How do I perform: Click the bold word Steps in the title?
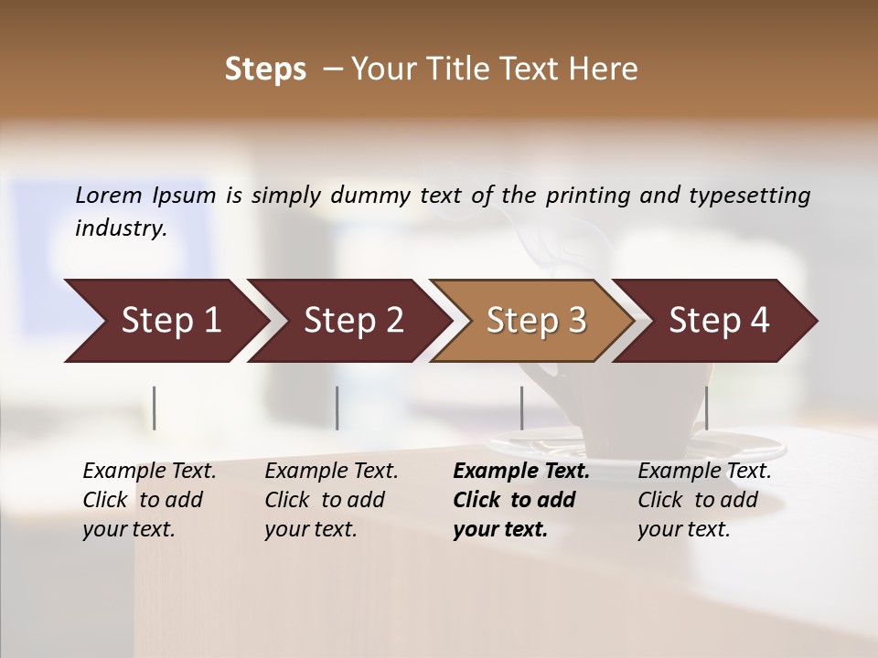coord(265,69)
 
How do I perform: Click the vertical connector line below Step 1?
coord(155,408)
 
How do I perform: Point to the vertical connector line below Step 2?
coord(337,408)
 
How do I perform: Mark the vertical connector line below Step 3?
coord(521,408)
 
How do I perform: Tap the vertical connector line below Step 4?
coord(706,408)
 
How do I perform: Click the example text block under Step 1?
coord(149,500)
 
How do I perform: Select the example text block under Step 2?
coord(331,500)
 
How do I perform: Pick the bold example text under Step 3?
coord(520,500)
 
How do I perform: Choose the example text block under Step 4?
coord(704,500)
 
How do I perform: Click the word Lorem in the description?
coord(109,195)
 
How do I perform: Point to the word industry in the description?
coord(120,228)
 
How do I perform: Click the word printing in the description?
coord(591,195)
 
